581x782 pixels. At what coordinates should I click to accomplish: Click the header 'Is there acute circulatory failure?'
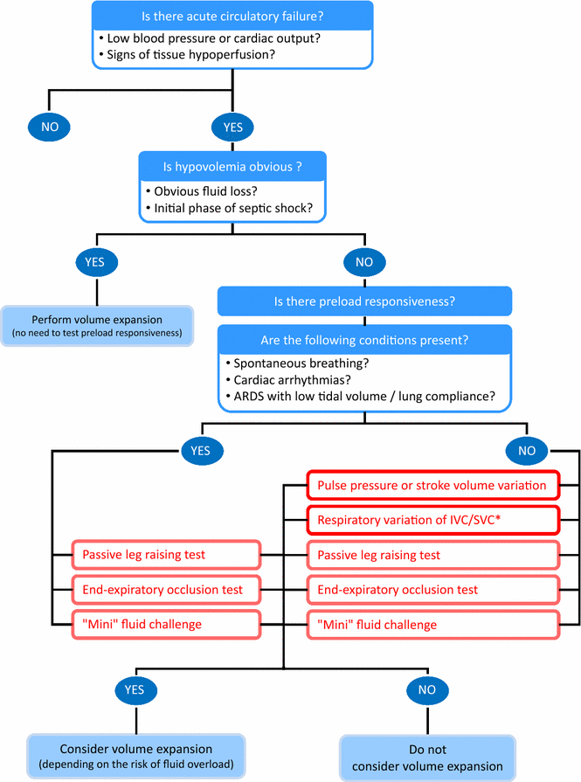tap(232, 17)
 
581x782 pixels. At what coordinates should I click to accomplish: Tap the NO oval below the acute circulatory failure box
tap(50, 127)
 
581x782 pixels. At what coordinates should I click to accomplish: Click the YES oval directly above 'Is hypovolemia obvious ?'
tap(232, 127)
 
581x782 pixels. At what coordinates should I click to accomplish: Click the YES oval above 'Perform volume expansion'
tap(96, 261)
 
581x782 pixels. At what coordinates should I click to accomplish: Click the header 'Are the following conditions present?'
tap(364, 339)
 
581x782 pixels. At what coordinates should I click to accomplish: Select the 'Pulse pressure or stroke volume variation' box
tap(432, 485)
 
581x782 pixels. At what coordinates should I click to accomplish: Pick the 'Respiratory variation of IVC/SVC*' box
tap(432, 521)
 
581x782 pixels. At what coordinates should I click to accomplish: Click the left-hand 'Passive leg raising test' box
tap(166, 555)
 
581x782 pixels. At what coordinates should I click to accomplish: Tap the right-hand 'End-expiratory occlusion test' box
tap(432, 590)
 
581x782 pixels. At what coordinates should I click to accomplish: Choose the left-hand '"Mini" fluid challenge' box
tap(166, 624)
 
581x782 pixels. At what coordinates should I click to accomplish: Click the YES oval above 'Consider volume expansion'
tap(135, 689)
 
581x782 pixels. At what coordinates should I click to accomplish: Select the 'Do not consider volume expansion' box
tap(426, 758)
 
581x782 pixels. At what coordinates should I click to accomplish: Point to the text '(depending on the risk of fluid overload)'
tap(135, 766)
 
